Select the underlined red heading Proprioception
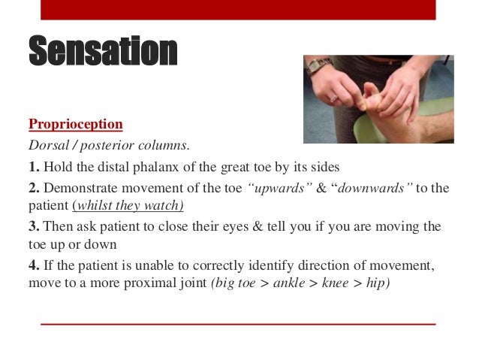(x=75, y=123)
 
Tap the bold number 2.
(x=33, y=187)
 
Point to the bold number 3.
(x=33, y=226)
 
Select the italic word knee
(x=336, y=284)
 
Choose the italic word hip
(x=375, y=284)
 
